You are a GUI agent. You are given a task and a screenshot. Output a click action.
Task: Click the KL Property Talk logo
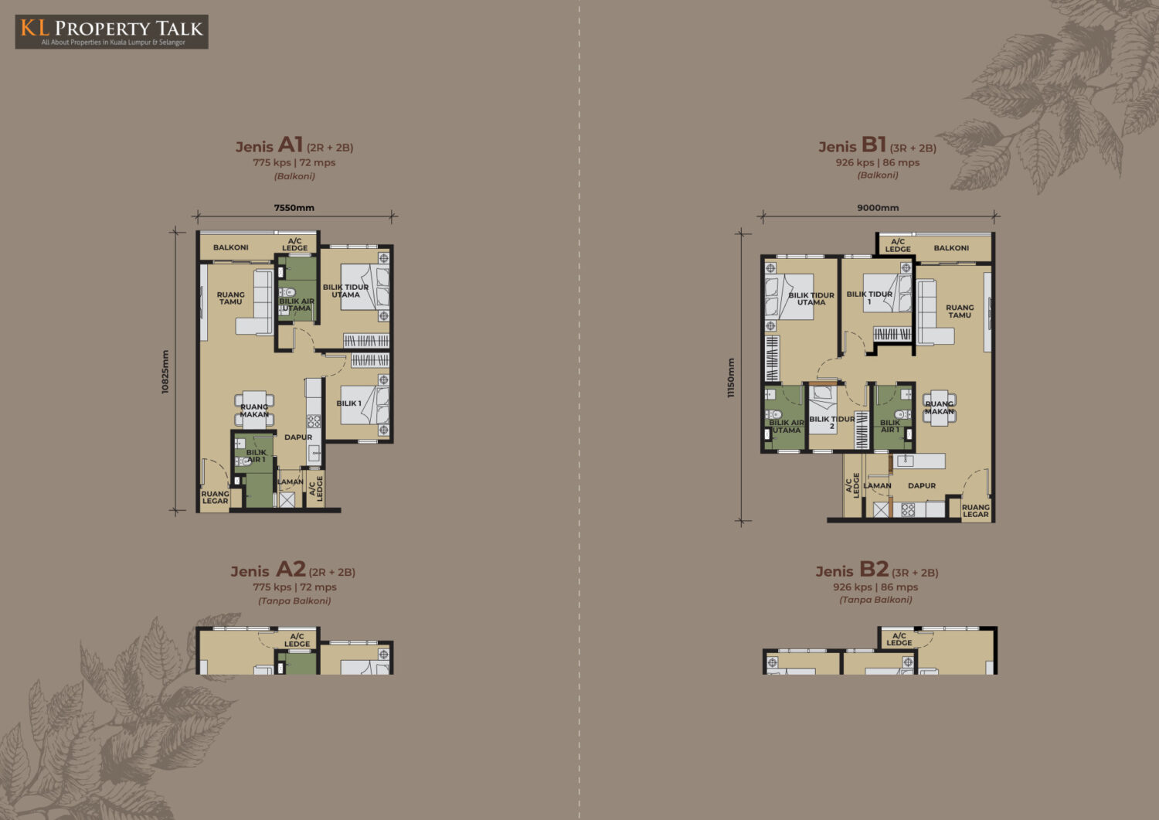(x=112, y=32)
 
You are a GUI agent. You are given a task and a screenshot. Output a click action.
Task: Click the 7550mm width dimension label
(x=294, y=208)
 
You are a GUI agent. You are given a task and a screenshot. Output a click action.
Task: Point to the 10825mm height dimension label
(x=165, y=372)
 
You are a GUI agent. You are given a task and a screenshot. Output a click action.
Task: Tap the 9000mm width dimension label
(x=878, y=208)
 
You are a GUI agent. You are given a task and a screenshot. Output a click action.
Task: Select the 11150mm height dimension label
(x=731, y=378)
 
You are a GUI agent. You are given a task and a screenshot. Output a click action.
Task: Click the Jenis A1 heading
(x=294, y=145)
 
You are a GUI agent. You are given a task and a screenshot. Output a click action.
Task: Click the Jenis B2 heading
(x=877, y=570)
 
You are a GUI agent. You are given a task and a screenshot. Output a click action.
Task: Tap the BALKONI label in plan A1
(x=231, y=247)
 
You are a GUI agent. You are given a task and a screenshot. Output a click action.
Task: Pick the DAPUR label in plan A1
(x=298, y=437)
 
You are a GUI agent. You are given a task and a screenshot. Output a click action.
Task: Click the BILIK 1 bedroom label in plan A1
(x=348, y=403)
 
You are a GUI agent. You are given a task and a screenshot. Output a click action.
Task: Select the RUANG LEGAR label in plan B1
(x=976, y=511)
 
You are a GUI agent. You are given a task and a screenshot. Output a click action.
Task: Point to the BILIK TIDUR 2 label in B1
(x=832, y=423)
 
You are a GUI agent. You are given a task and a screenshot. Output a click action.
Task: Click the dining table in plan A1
(x=254, y=410)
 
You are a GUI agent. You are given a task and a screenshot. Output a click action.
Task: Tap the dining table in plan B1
(x=940, y=408)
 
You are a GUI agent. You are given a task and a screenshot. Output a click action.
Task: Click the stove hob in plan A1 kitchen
(x=314, y=420)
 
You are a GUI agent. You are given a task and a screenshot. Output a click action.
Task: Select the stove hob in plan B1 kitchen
(x=908, y=510)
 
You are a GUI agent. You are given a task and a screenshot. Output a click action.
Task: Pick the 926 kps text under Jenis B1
(x=855, y=162)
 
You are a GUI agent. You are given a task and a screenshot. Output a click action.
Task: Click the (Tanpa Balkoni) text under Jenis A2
(x=294, y=601)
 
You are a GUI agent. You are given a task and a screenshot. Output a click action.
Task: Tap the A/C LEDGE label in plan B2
(x=899, y=639)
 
